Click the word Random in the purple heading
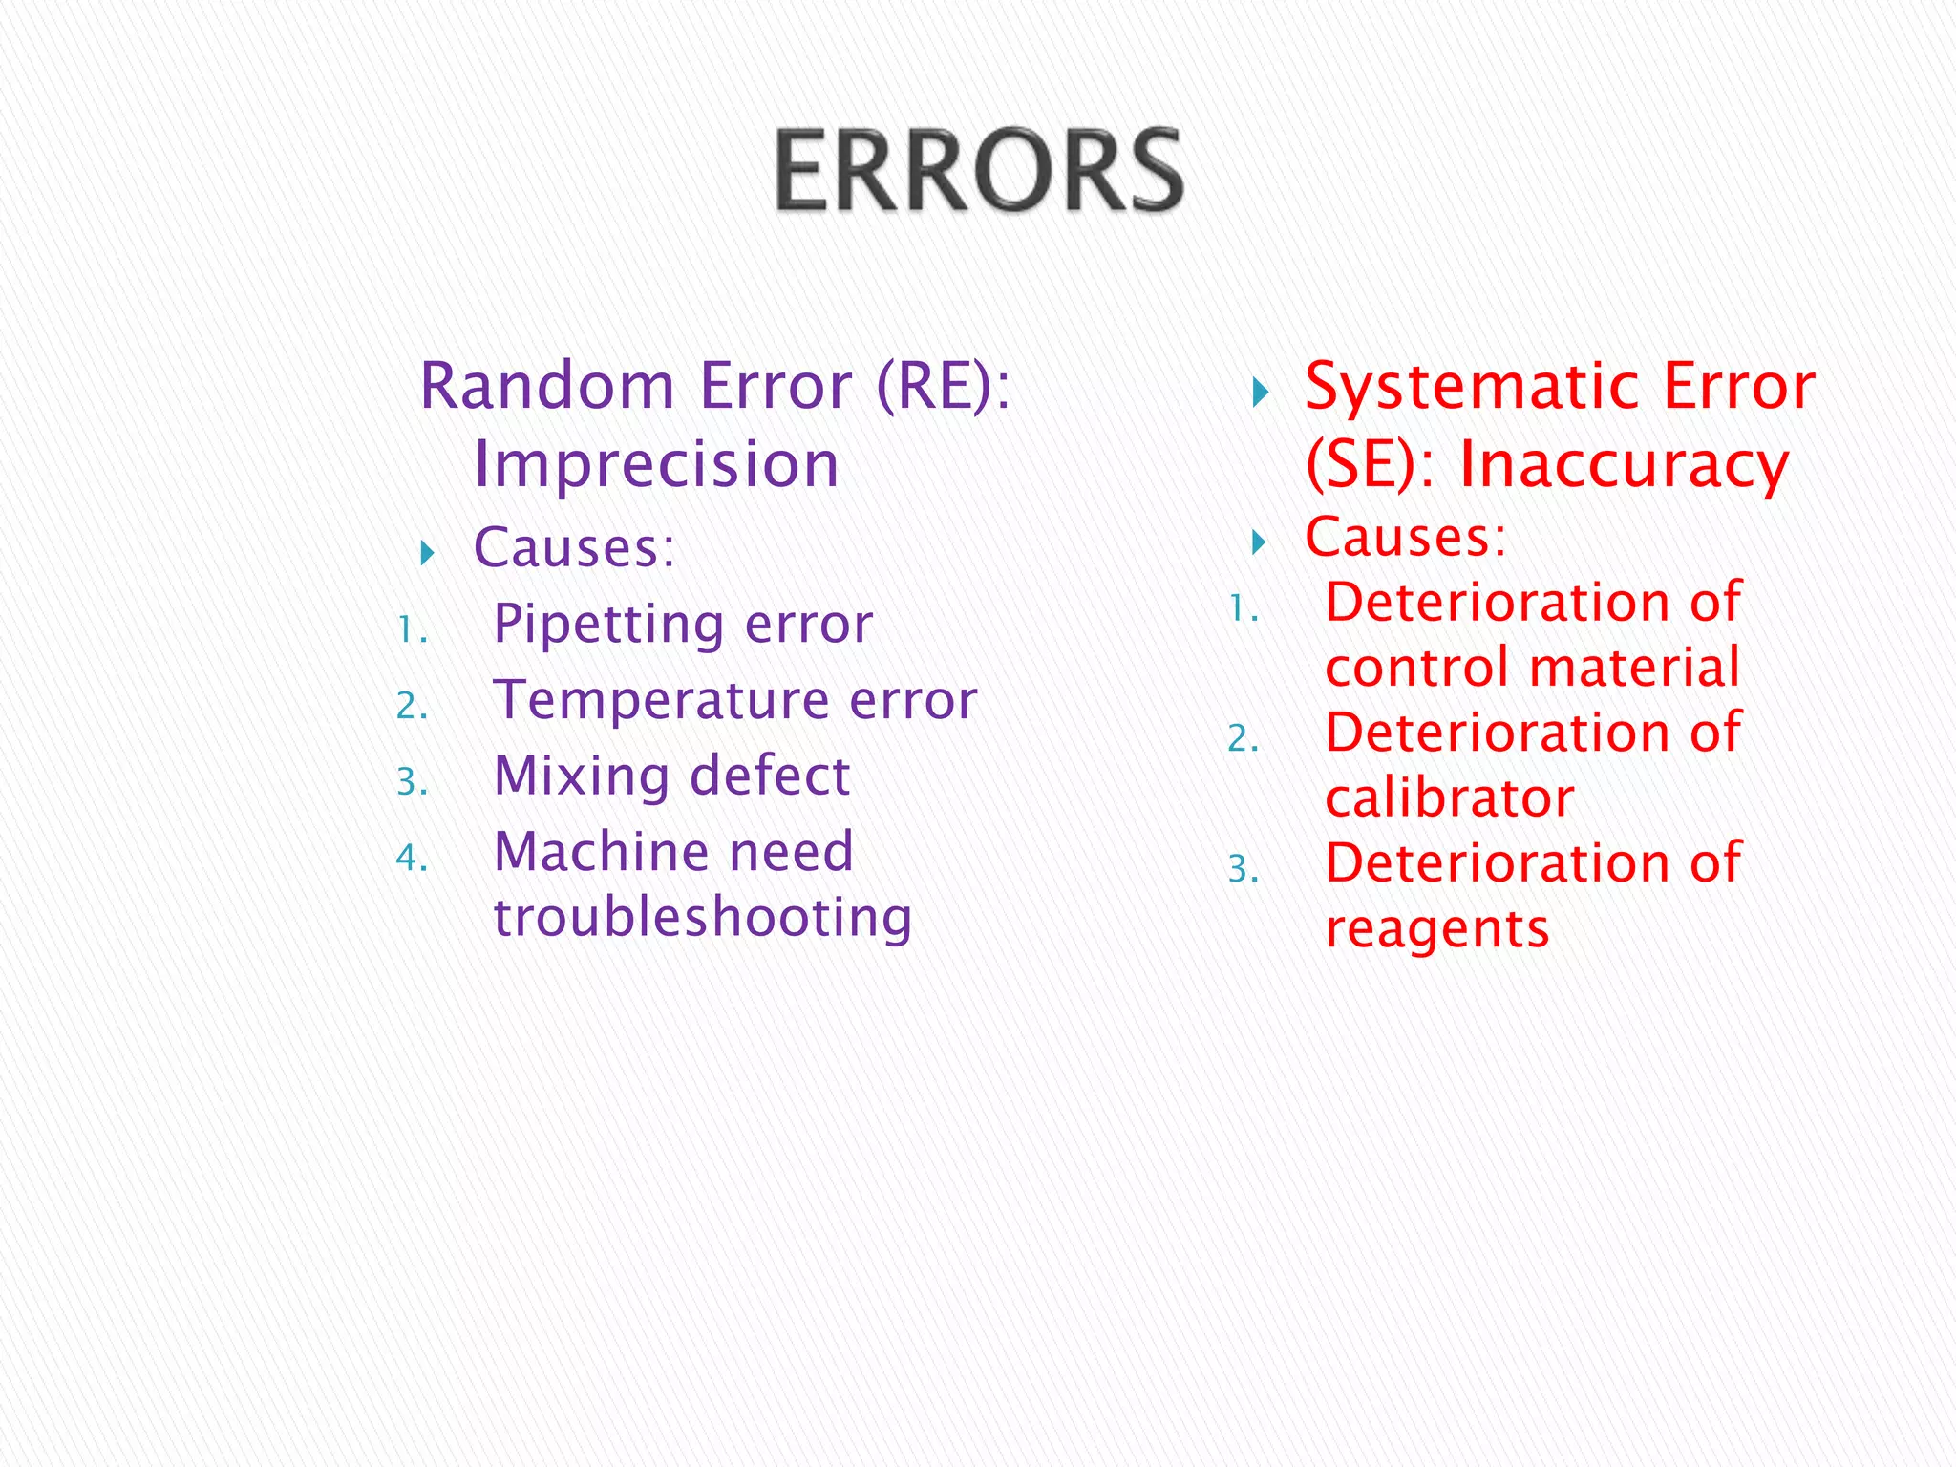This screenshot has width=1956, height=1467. pyautogui.click(x=547, y=386)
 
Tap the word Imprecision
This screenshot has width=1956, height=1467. pyautogui.click(x=656, y=464)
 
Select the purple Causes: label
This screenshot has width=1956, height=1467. pyautogui.click(x=574, y=548)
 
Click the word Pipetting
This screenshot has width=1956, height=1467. pyautogui.click(x=608, y=626)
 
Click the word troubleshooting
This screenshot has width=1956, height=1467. pyautogui.click(x=703, y=918)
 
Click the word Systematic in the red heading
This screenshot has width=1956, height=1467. pyautogui.click(x=1472, y=386)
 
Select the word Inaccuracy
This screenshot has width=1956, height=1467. pyautogui.click(x=1624, y=465)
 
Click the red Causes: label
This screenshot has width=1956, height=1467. pyautogui.click(x=1405, y=537)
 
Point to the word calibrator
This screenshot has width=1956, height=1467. pyautogui.click(x=1449, y=798)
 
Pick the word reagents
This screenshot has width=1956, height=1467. pyautogui.click(x=1436, y=929)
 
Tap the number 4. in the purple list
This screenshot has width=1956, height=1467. pyautogui.click(x=412, y=858)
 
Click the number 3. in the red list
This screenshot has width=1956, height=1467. pyautogui.click(x=1243, y=869)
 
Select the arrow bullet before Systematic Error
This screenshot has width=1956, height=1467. pyautogui.click(x=1260, y=392)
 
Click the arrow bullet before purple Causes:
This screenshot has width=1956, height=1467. pyautogui.click(x=427, y=552)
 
